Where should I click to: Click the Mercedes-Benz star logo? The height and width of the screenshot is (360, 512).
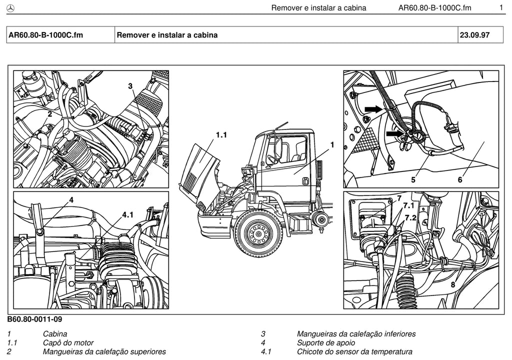pos(10,8)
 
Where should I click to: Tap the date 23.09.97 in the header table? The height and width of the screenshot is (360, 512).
pos(474,35)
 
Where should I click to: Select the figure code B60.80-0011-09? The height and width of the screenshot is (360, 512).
pos(34,319)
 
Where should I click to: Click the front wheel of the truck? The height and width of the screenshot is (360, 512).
pos(258,233)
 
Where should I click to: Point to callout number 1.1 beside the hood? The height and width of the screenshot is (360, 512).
pos(221,134)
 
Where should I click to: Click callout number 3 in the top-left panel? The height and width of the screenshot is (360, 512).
pos(130,86)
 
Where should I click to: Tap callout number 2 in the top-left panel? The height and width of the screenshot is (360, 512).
pos(50,114)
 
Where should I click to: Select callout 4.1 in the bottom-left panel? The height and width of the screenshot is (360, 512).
pos(127,214)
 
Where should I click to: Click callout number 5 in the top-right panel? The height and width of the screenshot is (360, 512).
pos(413,179)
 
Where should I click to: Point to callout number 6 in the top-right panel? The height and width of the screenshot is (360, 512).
pos(460,179)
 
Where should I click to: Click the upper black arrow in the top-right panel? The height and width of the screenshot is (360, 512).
pos(373,108)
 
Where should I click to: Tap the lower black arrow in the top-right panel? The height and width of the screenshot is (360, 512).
pos(394,133)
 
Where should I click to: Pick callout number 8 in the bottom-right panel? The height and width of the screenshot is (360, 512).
pos(452,284)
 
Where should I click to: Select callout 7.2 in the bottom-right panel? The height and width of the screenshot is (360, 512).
pos(411,217)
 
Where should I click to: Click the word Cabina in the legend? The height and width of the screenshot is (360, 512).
pos(55,334)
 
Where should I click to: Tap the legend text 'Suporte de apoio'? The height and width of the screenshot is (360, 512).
pos(326,342)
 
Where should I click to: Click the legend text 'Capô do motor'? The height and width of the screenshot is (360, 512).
pos(68,342)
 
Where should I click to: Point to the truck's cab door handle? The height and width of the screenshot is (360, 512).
pos(306,181)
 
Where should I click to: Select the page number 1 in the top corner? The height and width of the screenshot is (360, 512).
pos(501,7)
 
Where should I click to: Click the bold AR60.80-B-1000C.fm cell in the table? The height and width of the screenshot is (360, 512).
pos(45,35)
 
